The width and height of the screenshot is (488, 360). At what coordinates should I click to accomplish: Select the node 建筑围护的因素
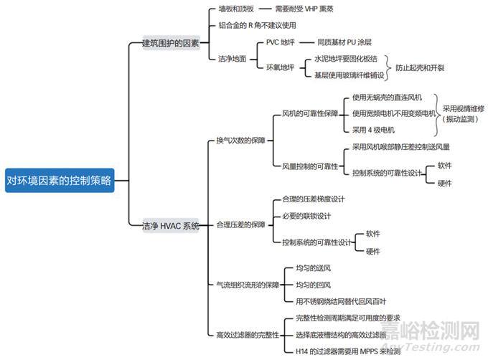pos(170,44)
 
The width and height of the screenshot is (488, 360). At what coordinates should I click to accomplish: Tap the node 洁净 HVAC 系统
pos(170,225)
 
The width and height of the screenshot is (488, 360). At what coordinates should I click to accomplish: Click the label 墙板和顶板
pos(235,10)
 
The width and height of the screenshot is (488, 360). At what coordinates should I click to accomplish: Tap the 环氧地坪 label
pos(281,67)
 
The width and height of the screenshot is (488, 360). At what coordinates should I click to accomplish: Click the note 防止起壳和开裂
pos(420,67)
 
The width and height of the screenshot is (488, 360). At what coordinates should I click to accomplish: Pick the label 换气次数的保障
pos(240,140)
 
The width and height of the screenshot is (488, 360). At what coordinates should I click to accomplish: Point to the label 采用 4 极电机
pos(373,130)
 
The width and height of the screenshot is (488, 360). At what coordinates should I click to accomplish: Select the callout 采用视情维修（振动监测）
pos(463,113)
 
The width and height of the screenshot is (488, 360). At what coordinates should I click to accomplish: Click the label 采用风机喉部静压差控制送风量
pos(400,147)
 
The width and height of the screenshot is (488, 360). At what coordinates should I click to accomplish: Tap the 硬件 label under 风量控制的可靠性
pos(444,183)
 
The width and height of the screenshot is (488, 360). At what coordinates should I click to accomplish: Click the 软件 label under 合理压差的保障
pos(372,234)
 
